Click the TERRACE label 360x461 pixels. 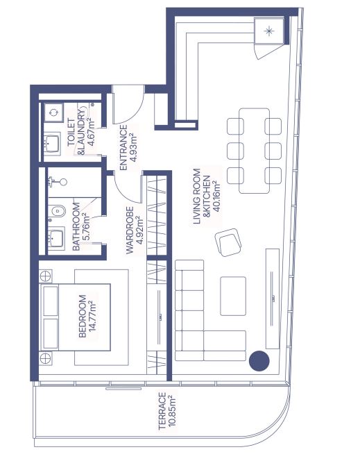pyautogui.click(x=162, y=411)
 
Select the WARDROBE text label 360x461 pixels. pyautogui.click(x=130, y=230)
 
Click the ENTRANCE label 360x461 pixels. pyautogui.click(x=123, y=148)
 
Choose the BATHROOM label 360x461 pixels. pyautogui.click(x=76, y=226)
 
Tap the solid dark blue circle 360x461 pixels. pyautogui.click(x=259, y=361)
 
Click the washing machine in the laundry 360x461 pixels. pyautogui.click(x=53, y=112)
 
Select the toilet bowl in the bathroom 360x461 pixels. pyautogui.click(x=57, y=211)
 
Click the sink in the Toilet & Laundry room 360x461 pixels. pyautogui.click(x=53, y=144)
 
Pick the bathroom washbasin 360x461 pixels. pyautogui.click(x=55, y=238)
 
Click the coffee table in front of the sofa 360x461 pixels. pyautogui.click(x=233, y=296)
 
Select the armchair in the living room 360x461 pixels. pyautogui.click(x=228, y=242)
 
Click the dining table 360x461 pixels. pyautogui.click(x=255, y=151)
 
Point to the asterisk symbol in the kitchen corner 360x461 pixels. pyautogui.click(x=269, y=31)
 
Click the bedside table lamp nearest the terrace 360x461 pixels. pyautogui.click(x=45, y=359)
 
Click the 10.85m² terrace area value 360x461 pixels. pyautogui.click(x=172, y=411)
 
